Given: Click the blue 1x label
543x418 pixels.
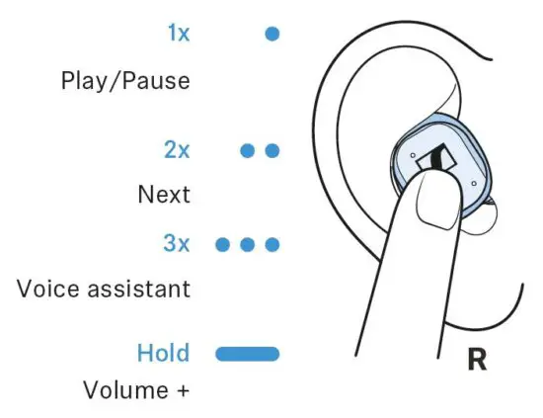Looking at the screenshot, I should point(178,34).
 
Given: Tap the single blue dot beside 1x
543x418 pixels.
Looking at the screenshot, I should point(272,34).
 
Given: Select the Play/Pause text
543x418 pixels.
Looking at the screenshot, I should point(123,80).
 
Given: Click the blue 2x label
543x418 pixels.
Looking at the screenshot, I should point(177,151).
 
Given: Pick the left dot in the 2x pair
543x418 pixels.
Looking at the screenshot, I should point(249,151).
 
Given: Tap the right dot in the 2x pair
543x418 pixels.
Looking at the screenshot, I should point(273,151).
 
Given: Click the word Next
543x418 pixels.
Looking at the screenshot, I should point(163,195).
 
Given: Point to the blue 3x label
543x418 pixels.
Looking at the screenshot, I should point(177,243).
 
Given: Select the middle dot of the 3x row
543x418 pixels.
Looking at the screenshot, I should point(249,243).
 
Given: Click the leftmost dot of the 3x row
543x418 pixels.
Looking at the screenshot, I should point(224,243).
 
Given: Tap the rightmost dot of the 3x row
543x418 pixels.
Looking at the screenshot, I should point(273,243).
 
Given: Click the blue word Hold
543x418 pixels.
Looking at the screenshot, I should point(164,353).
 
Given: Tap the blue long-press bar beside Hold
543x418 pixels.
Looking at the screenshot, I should point(248,353).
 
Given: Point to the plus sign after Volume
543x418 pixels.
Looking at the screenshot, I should point(182,390).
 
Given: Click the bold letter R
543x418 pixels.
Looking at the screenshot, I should point(477,360).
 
